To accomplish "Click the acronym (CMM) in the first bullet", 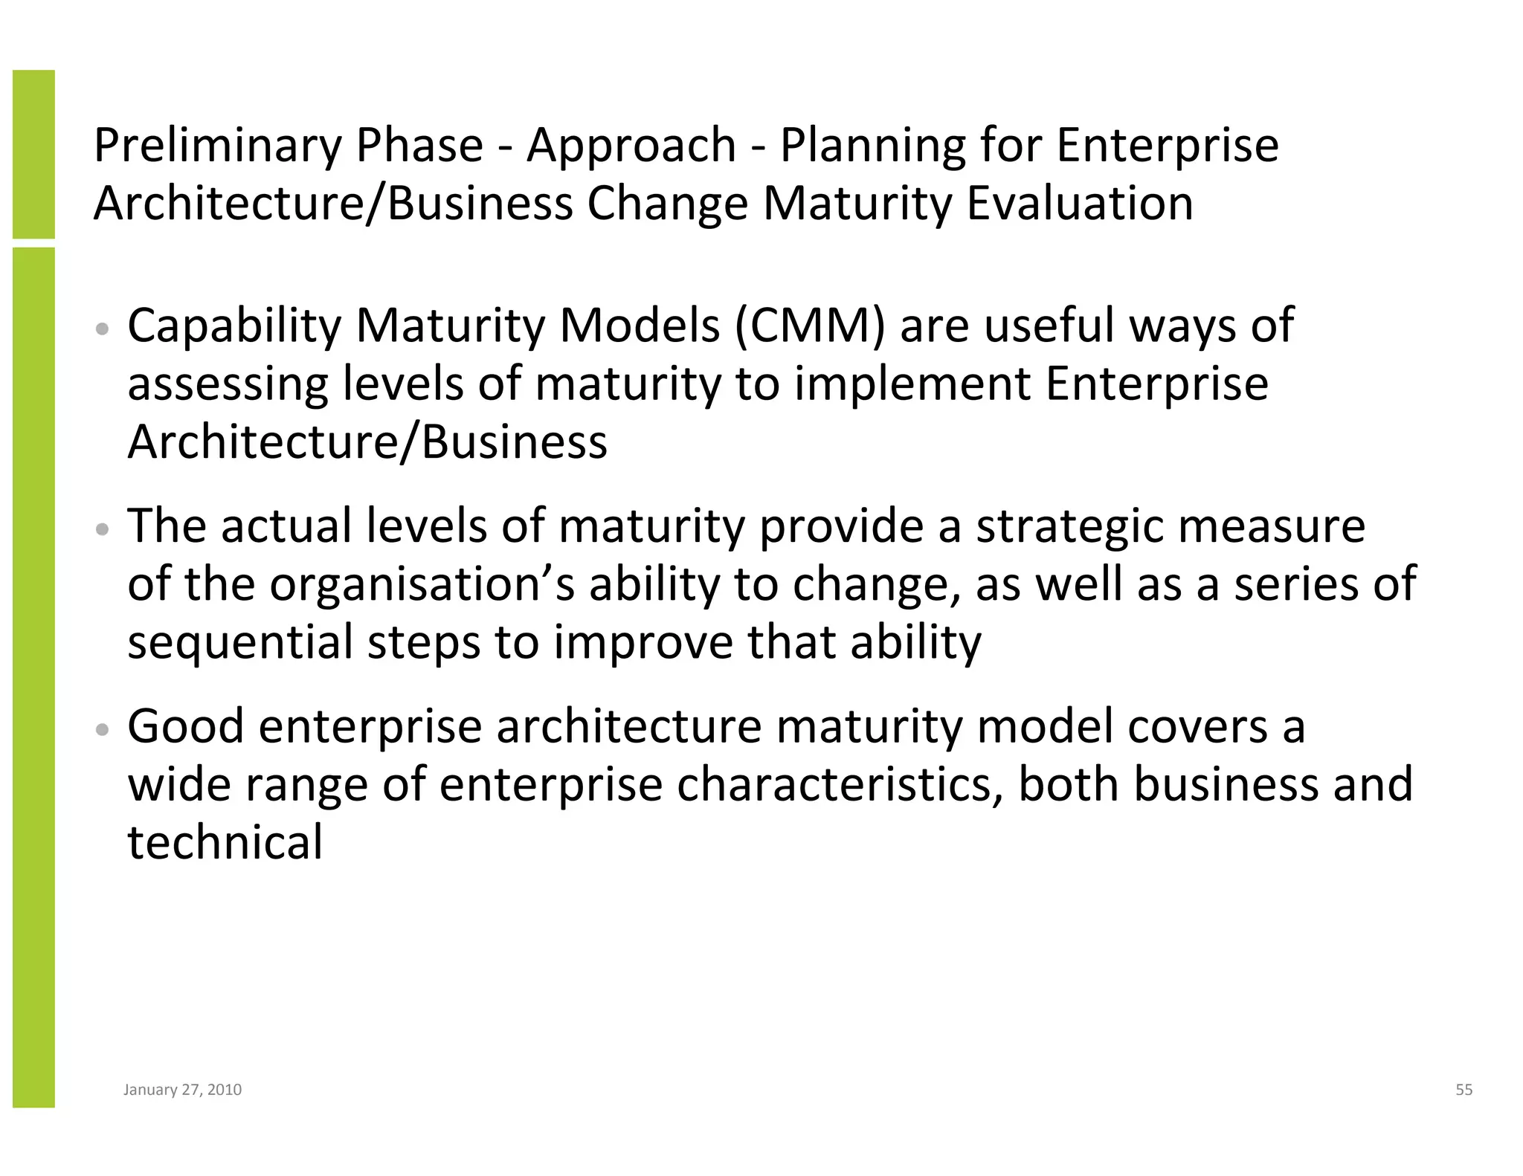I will point(810,326).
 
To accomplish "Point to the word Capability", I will point(234,327).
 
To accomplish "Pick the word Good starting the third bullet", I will point(186,726).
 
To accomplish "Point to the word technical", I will point(225,843).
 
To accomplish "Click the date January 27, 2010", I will point(182,1090).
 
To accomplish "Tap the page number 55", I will point(1464,1090).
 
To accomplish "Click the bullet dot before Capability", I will point(103,329).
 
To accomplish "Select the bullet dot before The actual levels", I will point(103,530).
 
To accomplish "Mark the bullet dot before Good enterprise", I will point(103,730).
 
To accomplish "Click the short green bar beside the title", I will point(33,154).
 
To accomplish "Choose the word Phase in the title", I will point(419,146).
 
